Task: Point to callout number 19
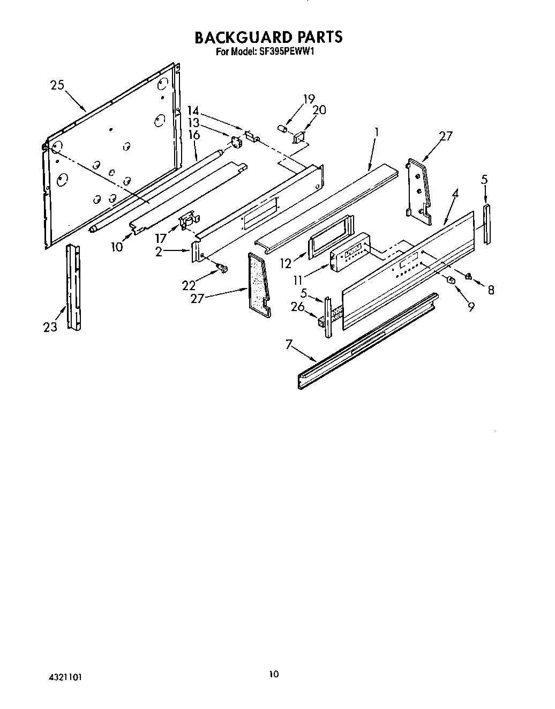click(x=309, y=99)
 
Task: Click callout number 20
click(x=319, y=109)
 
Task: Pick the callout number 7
click(x=289, y=345)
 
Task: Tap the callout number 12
click(x=286, y=264)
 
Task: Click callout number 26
click(x=297, y=307)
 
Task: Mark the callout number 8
click(x=491, y=290)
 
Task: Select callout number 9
click(x=471, y=307)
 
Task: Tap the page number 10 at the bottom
click(x=274, y=674)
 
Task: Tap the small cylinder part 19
click(x=281, y=128)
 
